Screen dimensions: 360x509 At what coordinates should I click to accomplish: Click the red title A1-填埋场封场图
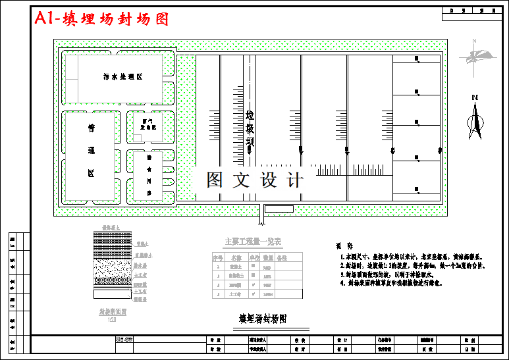(102, 19)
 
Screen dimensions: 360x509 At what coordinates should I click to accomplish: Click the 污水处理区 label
(123, 77)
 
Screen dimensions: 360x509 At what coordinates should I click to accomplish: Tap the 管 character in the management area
(92, 129)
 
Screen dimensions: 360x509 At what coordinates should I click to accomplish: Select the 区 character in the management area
(92, 173)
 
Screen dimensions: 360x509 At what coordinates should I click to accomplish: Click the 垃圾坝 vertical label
(250, 128)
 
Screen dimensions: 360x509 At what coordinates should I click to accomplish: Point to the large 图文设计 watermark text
(255, 180)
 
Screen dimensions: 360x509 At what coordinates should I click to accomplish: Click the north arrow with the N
(474, 118)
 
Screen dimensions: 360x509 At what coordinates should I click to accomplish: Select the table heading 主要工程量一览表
(253, 241)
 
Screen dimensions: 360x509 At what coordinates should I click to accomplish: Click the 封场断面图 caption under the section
(113, 312)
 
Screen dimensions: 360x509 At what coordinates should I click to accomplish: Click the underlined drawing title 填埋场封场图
(263, 319)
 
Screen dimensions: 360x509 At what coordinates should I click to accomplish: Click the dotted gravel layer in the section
(113, 270)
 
